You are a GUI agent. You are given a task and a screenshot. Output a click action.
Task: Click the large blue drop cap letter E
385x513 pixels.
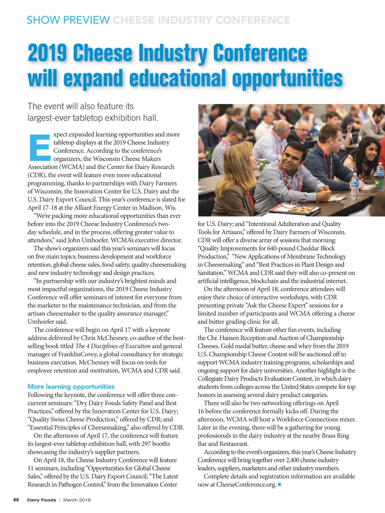[x=40, y=147]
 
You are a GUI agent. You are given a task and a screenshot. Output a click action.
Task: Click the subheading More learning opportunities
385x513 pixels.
[x=71, y=387]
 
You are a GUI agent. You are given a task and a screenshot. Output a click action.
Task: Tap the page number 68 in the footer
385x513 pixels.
[x=16, y=500]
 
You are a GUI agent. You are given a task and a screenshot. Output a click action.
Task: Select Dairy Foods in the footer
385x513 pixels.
[x=41, y=500]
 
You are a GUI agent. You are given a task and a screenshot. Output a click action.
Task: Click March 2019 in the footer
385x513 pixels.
[x=77, y=500]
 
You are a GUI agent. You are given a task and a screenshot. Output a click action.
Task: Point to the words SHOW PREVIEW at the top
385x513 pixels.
[x=68, y=20]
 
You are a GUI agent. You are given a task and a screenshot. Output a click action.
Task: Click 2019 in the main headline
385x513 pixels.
[x=47, y=53]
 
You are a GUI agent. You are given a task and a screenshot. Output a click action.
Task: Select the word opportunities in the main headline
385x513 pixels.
[x=287, y=79]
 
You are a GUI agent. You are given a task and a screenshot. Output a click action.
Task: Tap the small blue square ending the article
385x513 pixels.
[x=279, y=484]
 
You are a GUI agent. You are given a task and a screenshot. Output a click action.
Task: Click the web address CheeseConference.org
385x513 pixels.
[x=246, y=484]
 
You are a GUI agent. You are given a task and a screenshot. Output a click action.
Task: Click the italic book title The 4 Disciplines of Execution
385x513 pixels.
[x=113, y=346]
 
